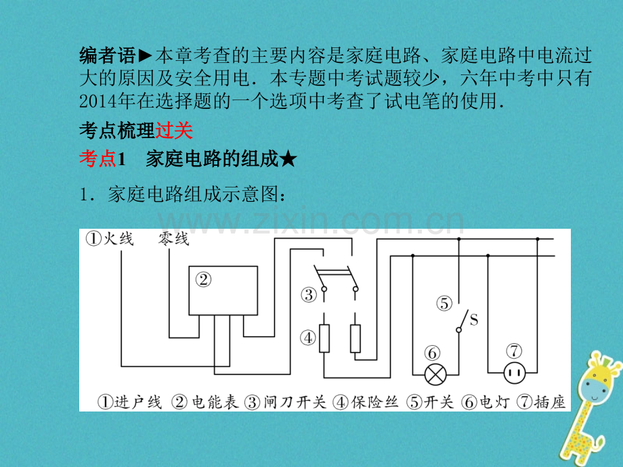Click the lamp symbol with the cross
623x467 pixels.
[435, 374]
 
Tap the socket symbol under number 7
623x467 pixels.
[514, 374]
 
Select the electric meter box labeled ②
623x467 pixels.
[223, 290]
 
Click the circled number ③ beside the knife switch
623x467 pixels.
[309, 295]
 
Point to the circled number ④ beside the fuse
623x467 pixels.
[308, 338]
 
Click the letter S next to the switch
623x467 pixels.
[473, 319]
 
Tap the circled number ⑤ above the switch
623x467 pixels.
[444, 304]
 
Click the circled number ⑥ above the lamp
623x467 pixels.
[432, 353]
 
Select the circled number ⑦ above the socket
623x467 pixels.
[514, 351]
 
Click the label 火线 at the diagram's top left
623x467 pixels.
[119, 239]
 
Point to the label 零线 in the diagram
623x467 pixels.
[173, 239]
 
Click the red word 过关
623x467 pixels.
[173, 131]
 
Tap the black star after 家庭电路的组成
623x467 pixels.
[288, 160]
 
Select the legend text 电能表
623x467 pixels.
[215, 402]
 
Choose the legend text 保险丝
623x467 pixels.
[374, 402]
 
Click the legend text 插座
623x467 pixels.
[550, 402]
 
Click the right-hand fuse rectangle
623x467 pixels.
[356, 338]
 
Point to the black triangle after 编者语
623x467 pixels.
[145, 56]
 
